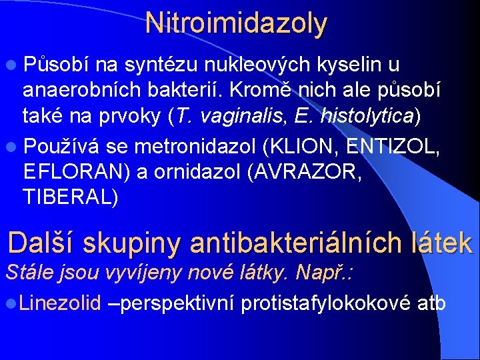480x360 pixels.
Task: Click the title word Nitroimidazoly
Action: coord(237,23)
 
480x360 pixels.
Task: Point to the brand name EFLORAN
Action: coord(75,170)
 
